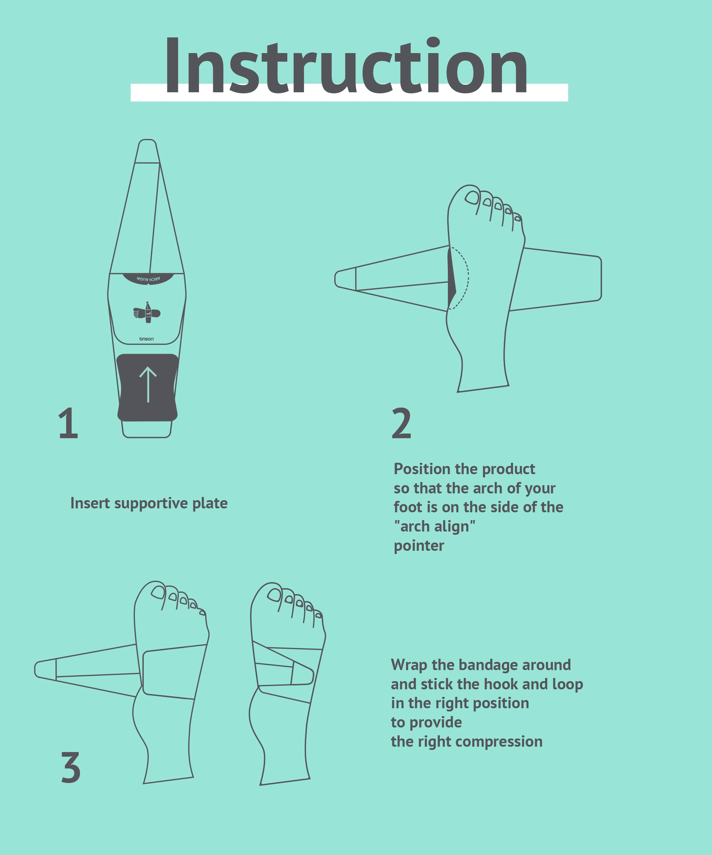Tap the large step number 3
point(70,767)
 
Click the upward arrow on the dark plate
point(148,384)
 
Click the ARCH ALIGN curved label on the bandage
point(148,279)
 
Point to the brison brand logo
point(146,339)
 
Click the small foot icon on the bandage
point(147,313)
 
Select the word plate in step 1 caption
point(210,503)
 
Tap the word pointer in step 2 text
point(419,545)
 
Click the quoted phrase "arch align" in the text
point(434,527)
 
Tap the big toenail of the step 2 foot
point(472,197)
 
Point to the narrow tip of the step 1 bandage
point(147,151)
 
